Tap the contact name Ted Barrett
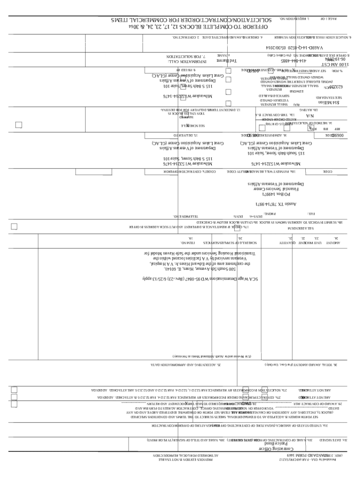(227, 60)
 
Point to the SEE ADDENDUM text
(332, 228)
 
